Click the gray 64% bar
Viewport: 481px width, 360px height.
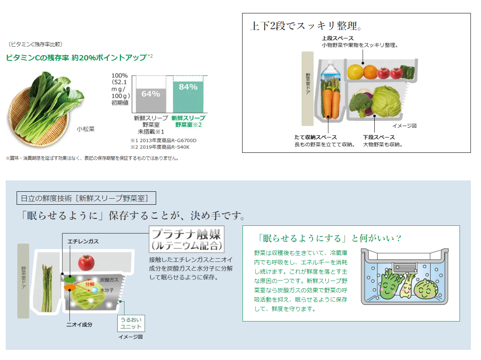point(151,101)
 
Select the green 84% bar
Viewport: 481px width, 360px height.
point(188,97)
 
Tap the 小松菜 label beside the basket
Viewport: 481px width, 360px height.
point(86,129)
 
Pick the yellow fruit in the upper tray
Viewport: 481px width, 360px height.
point(355,71)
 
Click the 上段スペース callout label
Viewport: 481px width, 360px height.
point(338,39)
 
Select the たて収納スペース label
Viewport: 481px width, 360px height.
point(316,137)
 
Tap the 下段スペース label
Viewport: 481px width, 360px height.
point(379,137)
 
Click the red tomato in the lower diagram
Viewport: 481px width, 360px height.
point(86,262)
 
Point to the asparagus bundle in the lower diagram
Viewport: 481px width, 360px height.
point(47,288)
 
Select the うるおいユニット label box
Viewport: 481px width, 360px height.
point(131,323)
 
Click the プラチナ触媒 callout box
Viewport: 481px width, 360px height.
point(187,240)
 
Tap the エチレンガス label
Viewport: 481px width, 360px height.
point(83,241)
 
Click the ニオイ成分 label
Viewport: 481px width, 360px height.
point(79,324)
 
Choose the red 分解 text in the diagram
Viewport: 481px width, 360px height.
point(90,284)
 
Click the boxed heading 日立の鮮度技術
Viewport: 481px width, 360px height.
point(86,198)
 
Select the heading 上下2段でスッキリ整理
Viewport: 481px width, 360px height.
point(306,26)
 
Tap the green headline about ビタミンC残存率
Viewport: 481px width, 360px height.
point(79,58)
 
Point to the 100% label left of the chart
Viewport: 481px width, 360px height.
point(119,75)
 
